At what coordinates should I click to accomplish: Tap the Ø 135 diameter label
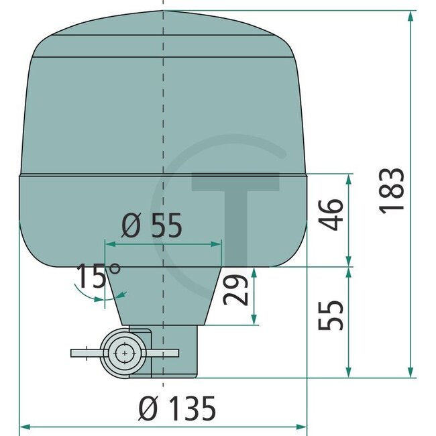[x=178, y=408]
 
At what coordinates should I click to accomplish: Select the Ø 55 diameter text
[x=152, y=227]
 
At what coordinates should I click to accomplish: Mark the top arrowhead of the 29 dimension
[x=254, y=271]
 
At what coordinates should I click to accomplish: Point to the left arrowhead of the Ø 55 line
[x=108, y=243]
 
